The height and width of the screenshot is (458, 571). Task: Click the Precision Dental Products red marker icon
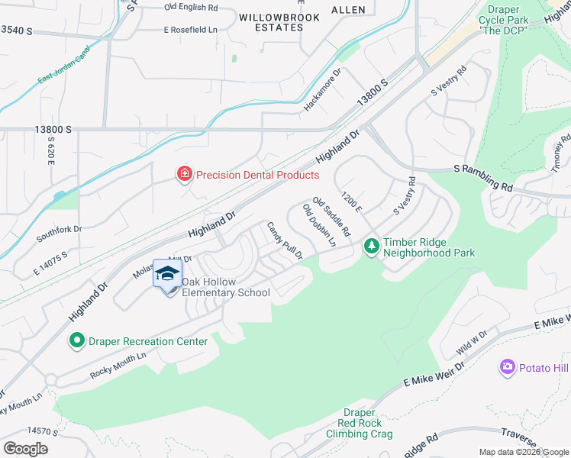[183, 175]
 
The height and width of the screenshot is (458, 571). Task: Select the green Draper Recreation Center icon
[76, 340]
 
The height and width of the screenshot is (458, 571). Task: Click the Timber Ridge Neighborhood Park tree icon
[372, 246]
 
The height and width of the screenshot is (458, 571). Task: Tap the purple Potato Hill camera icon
[507, 368]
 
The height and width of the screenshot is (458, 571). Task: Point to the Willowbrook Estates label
[271, 21]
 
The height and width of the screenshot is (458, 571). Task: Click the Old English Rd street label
[191, 7]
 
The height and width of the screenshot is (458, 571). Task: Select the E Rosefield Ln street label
[191, 30]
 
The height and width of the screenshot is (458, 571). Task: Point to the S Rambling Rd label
[483, 177]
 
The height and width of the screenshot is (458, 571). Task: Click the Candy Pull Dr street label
[285, 240]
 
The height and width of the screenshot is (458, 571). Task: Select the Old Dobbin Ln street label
[319, 226]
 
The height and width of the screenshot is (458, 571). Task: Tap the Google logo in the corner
[25, 448]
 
